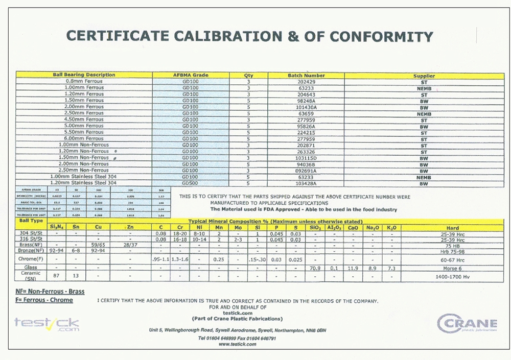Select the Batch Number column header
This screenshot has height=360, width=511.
[306, 75]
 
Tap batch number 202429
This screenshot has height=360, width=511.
[306, 81]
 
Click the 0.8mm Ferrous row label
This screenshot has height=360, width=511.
[84, 81]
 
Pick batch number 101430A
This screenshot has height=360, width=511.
[306, 107]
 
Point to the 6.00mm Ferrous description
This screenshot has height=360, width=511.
[84, 138]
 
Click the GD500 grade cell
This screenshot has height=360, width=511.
[190, 183]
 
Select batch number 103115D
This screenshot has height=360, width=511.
[306, 157]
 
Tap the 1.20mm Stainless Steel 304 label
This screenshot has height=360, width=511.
[84, 183]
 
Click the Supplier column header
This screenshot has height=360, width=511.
[424, 76]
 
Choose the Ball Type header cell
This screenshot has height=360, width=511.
[30, 222]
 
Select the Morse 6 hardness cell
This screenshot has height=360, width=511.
[452, 268]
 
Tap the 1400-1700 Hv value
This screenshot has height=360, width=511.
[452, 276]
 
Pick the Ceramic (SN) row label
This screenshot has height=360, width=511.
[30, 276]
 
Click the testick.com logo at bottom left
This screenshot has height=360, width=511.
[47, 324]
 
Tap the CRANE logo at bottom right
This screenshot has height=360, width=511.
[467, 323]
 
